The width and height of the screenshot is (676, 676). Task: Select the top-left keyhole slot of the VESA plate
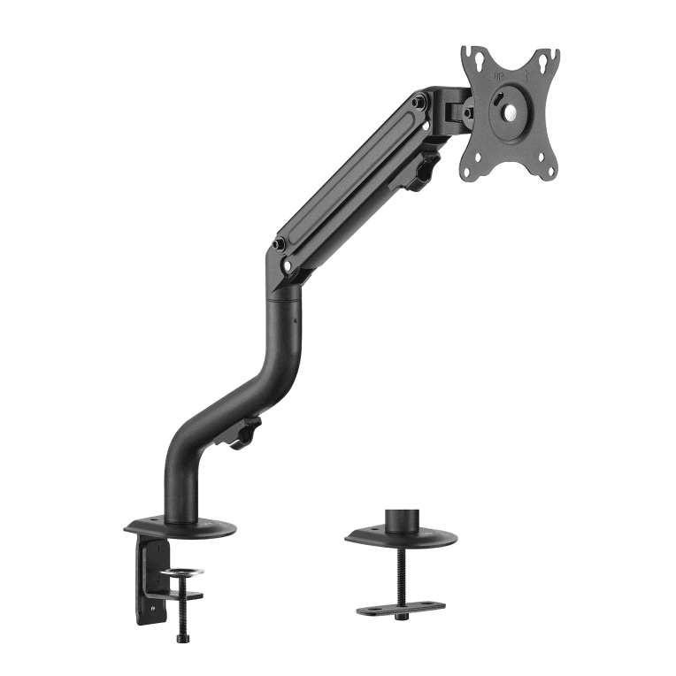[477, 59]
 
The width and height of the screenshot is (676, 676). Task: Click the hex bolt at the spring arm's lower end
[280, 244]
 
